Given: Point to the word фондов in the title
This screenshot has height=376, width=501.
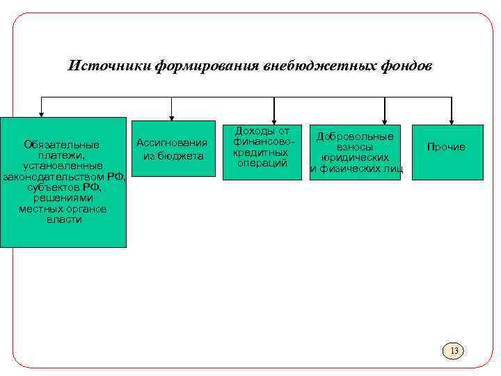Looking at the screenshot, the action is [407, 66].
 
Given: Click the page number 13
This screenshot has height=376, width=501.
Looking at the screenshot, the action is [454, 350].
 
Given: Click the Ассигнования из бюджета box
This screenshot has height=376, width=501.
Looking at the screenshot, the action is [173, 148].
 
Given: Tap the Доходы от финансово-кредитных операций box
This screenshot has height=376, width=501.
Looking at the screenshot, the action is [262, 152].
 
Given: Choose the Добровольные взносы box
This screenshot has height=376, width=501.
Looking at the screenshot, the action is [355, 152].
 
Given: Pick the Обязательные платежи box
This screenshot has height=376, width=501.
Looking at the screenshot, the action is [63, 182].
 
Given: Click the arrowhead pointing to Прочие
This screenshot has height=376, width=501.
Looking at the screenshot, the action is [452, 121].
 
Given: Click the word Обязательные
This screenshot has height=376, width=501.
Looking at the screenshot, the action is [61, 145].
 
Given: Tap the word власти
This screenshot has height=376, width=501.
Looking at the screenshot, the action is [64, 219].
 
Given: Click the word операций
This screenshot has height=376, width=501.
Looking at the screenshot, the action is [262, 163].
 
